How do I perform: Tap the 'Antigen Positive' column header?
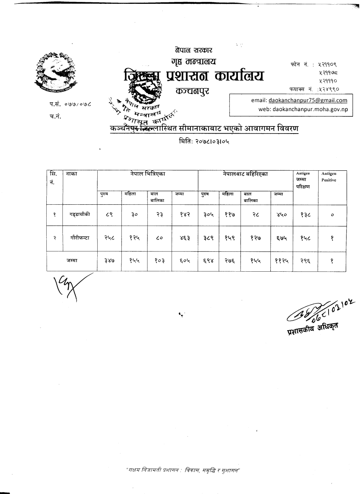pos(329,177)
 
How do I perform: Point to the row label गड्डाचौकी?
pos(80,215)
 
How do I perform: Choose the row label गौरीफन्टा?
pos(80,238)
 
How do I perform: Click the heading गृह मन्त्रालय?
pos(193,62)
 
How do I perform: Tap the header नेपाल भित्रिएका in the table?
pos(147,174)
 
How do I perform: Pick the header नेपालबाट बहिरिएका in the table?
pos(245,174)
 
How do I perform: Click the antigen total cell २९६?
pos(305,261)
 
